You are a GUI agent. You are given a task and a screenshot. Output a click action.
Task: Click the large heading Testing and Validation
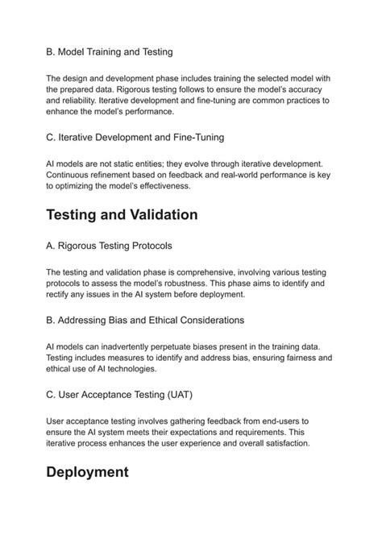[122, 215]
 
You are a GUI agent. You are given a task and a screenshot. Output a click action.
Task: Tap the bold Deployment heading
[88, 472]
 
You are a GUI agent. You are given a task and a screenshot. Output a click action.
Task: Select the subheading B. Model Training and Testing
[110, 52]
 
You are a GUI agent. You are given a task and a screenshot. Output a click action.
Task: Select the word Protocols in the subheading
[147, 245]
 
